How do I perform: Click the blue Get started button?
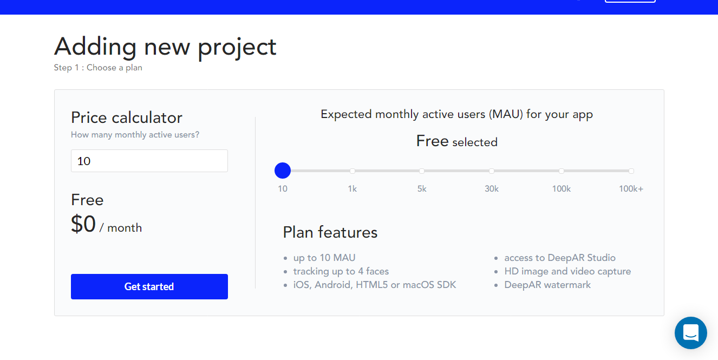[149, 286]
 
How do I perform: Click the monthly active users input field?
[149, 161]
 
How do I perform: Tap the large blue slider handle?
[283, 171]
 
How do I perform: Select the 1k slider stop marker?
[353, 171]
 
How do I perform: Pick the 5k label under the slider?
[422, 189]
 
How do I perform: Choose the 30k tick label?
[492, 189]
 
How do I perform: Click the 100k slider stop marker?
[562, 171]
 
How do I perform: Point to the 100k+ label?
[631, 189]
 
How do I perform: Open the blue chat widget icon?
[690, 332]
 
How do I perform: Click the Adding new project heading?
[165, 47]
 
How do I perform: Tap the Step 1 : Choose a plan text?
[98, 68]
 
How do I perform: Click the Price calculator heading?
[127, 117]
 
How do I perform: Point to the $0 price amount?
[83, 224]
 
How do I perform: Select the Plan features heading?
[330, 232]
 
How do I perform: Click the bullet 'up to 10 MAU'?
[324, 258]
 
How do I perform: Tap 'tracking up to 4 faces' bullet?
[341, 271]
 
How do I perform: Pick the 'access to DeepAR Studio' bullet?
[560, 258]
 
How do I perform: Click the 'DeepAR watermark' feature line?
[547, 285]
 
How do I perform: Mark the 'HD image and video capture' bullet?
[567, 271]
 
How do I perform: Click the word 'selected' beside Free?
[475, 142]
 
